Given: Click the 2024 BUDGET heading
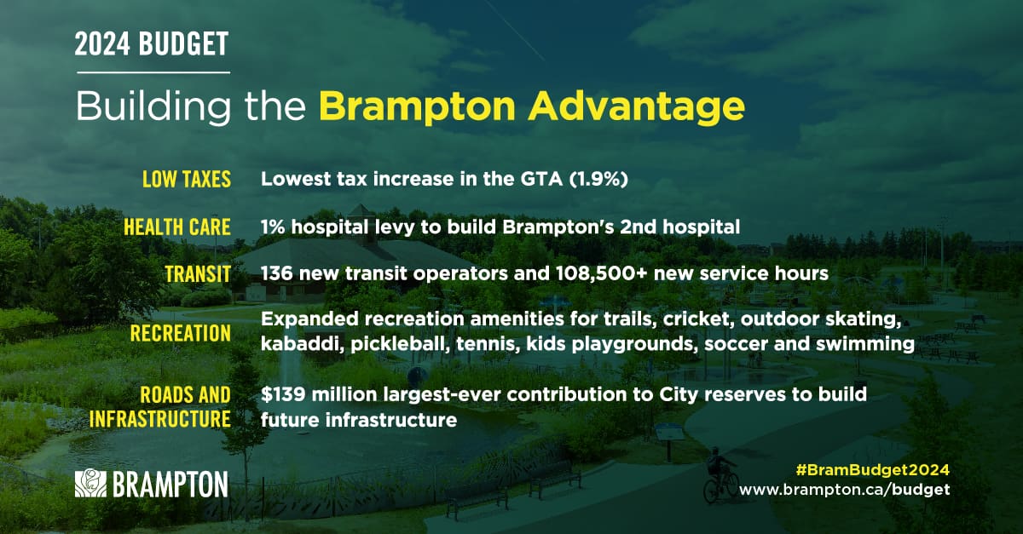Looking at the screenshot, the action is pyautogui.click(x=152, y=43).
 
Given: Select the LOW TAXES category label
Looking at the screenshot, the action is pyautogui.click(x=187, y=179).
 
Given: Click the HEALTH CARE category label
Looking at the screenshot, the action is pyautogui.click(x=177, y=227).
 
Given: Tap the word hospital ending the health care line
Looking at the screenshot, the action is pyautogui.click(x=702, y=227).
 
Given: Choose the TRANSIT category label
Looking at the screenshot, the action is pyautogui.click(x=198, y=274).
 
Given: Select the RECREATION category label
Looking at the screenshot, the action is pyautogui.click(x=181, y=333).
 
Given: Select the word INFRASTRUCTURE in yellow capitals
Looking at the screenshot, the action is pyautogui.click(x=160, y=419).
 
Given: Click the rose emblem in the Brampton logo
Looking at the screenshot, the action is pyautogui.click(x=90, y=483).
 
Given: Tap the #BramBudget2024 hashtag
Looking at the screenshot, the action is pyautogui.click(x=873, y=469).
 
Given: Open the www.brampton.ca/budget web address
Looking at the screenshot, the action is pyautogui.click(x=845, y=490).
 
